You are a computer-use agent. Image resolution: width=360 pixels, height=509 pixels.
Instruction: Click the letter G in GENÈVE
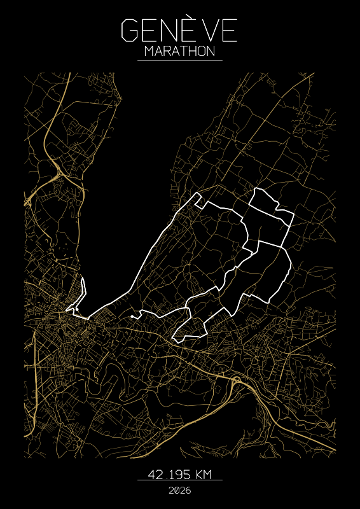click(129, 31)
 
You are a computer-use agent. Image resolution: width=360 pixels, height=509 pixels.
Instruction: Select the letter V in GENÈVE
click(213, 31)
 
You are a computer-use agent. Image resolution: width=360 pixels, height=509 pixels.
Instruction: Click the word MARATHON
click(179, 52)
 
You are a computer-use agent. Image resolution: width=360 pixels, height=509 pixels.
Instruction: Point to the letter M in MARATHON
click(149, 52)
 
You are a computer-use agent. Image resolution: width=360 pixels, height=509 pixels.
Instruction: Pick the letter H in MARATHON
click(190, 52)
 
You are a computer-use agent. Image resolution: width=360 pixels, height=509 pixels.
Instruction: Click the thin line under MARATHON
click(179, 60)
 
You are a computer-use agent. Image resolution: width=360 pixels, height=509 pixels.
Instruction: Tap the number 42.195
click(169, 475)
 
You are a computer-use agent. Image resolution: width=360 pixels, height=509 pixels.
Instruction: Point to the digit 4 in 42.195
click(153, 475)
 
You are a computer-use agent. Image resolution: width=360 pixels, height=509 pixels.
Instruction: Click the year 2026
click(179, 491)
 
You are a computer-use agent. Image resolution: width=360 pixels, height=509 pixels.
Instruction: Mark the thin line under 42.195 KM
click(179, 480)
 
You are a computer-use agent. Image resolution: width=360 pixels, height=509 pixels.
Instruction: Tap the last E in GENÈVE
click(230, 31)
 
